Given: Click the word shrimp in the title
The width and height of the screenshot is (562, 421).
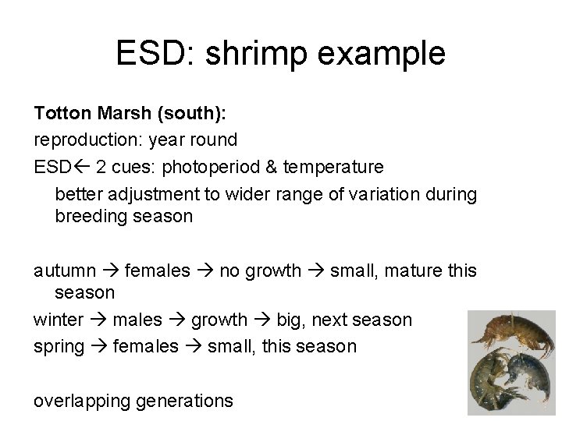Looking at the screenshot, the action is point(256,54).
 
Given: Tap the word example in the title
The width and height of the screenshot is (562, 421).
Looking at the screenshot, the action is point(382,54).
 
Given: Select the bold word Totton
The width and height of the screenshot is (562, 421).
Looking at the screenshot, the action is point(62,113).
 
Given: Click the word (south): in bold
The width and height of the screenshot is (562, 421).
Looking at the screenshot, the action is point(192,113).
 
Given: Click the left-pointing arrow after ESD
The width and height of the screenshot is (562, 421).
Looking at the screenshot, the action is point(81,167).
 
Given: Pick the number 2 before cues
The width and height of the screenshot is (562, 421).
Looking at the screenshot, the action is point(101,167).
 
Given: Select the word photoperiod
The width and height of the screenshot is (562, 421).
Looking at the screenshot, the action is point(211,168).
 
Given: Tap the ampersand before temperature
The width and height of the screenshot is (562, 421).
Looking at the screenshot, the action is point(272,167).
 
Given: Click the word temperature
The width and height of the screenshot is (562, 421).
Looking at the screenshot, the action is point(333,168).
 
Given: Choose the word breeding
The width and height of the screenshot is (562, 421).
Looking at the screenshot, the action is point(91,217).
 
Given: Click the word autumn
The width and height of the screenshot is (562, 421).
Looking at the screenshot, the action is point(65,271).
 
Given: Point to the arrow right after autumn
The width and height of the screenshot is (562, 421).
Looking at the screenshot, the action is point(110,271).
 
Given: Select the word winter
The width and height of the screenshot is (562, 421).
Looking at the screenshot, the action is point(59,320).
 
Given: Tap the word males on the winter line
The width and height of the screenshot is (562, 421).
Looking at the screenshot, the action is point(137,320).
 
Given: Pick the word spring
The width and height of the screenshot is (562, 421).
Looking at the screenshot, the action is point(59,347).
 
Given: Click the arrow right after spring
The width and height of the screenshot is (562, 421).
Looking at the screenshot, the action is point(99,346).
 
